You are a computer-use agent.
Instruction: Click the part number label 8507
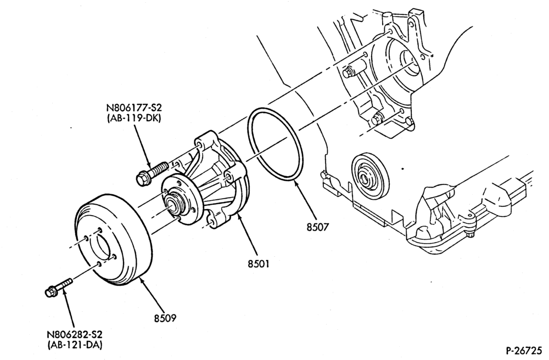point(318,227)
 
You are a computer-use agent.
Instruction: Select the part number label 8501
point(259,263)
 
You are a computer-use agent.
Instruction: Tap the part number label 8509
point(165,318)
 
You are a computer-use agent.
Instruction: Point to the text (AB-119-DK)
point(134,118)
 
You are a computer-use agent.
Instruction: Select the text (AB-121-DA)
point(75,345)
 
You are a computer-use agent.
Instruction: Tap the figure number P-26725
point(523,350)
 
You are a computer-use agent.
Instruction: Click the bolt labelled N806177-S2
point(152,174)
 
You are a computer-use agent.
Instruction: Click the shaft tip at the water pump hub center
point(173,206)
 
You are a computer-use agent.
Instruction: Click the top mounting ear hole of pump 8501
point(199,145)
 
